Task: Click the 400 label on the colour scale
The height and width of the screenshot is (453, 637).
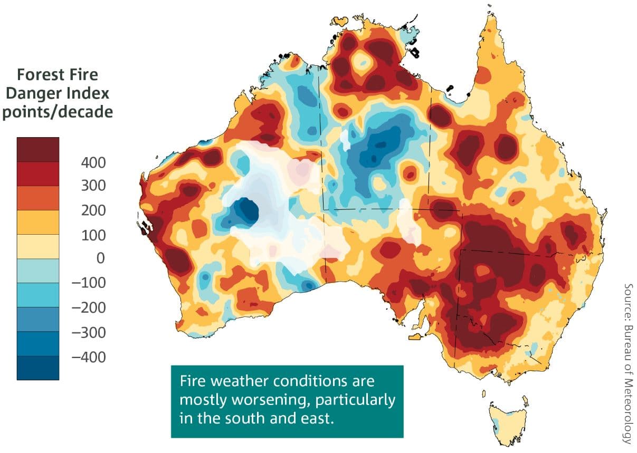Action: pyautogui.click(x=93, y=162)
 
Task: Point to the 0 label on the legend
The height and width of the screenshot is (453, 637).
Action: pyautogui.click(x=100, y=258)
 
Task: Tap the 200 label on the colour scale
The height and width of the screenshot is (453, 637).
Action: pyautogui.click(x=93, y=210)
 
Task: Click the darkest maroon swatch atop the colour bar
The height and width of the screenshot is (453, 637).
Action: pyautogui.click(x=37, y=149)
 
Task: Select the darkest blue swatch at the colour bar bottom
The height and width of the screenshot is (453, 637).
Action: pyautogui.click(x=37, y=368)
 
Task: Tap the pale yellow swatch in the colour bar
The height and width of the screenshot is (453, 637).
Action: pyautogui.click(x=37, y=246)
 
